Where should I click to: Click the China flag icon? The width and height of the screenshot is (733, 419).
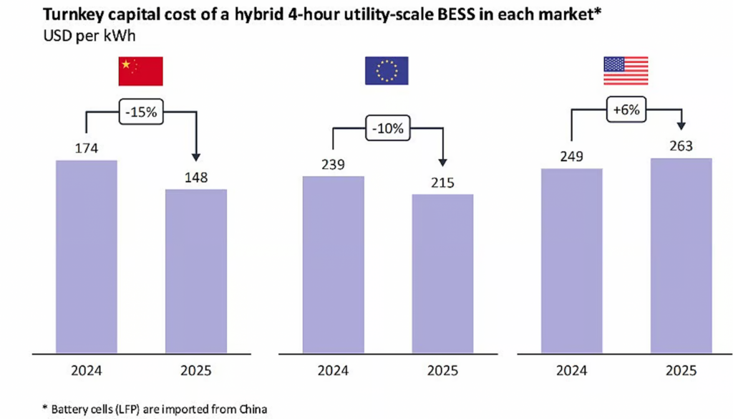point(141,71)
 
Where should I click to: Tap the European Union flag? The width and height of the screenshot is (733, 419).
point(387,71)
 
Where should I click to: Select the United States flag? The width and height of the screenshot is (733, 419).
point(626,71)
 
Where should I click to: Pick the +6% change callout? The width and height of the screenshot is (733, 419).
point(626,112)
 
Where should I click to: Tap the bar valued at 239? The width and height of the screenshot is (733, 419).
point(333,264)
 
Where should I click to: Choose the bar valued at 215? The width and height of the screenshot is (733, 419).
point(443,274)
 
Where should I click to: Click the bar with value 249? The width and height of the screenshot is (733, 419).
point(572,261)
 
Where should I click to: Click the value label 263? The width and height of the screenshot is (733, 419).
point(681,146)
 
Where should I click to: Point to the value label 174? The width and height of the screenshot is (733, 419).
point(86,148)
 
